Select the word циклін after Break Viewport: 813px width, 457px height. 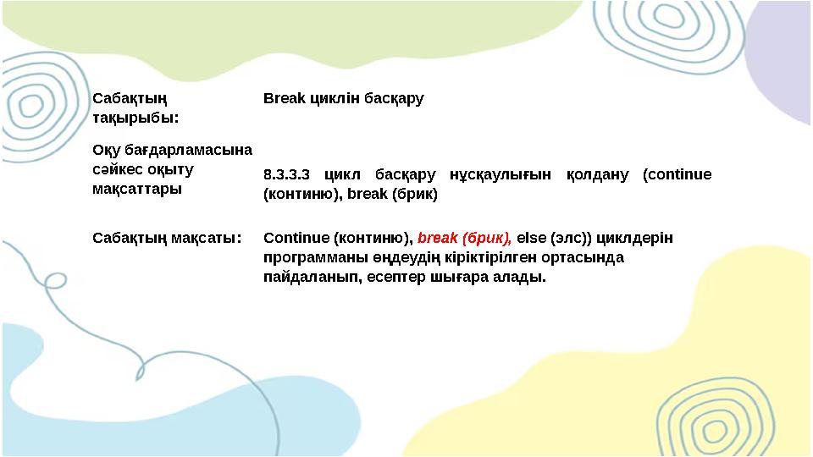335,98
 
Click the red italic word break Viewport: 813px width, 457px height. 437,238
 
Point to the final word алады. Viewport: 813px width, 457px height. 517,277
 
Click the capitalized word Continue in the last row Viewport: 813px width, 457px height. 296,238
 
